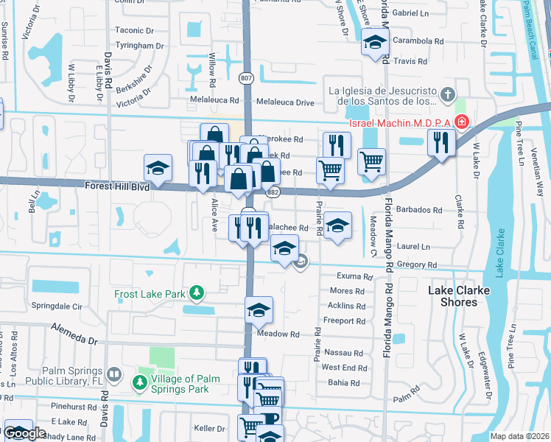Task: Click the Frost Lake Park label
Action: [150, 294]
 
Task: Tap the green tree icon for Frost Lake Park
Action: [196, 293]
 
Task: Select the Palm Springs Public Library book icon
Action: [113, 374]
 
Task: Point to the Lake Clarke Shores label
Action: [459, 296]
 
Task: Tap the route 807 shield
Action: [247, 76]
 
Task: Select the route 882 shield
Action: [273, 192]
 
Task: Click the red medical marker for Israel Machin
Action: [462, 121]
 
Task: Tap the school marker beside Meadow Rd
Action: [259, 312]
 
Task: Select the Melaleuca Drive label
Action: [284, 102]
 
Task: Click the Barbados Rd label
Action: [418, 209]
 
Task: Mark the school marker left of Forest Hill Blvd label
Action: [158, 169]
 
